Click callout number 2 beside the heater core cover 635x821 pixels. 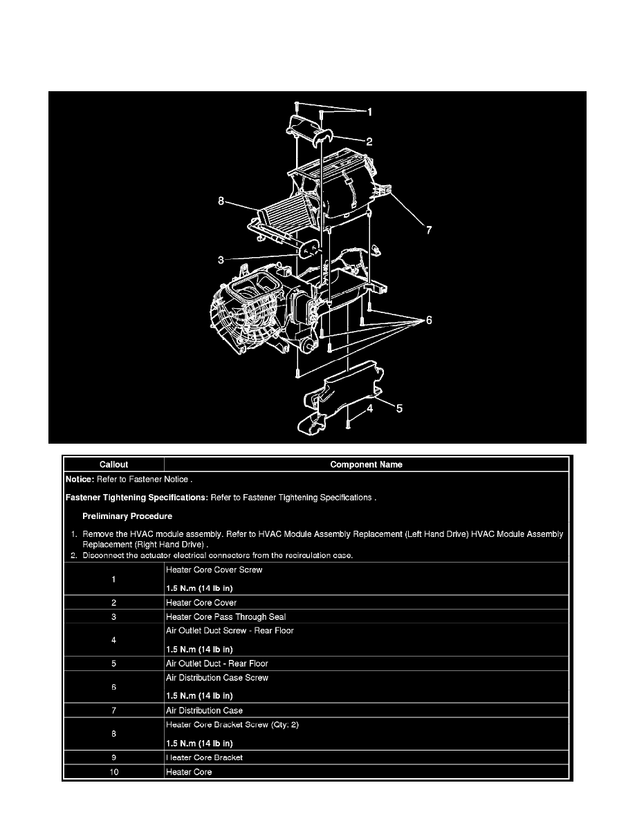coord(369,142)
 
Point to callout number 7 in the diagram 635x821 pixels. coord(428,229)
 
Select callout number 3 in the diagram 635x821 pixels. coord(221,260)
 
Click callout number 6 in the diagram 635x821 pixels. coord(429,321)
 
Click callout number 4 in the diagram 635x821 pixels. coord(370,409)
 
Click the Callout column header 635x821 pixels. coord(113,464)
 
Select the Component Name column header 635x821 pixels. coord(366,464)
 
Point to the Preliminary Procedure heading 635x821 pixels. coord(127,516)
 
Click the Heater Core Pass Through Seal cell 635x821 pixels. coord(226,616)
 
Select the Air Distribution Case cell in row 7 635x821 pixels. coord(204,710)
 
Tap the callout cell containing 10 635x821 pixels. coord(113,772)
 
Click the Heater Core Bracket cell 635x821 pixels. coord(204,757)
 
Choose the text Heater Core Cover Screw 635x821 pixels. coord(214,570)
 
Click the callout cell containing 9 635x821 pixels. coord(113,757)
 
